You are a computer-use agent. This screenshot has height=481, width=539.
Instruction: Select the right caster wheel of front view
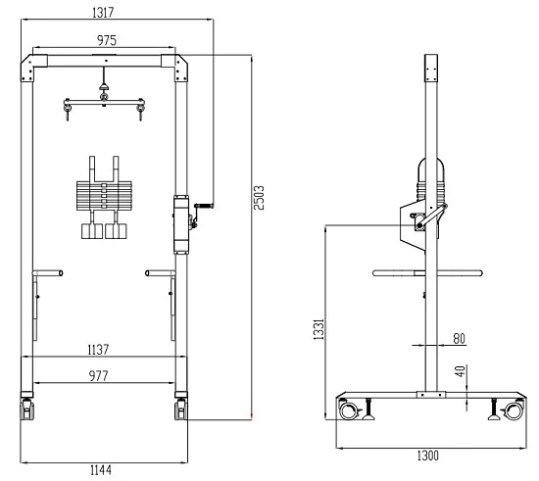[180, 409]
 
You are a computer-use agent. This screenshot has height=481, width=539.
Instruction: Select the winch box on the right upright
[180, 223]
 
